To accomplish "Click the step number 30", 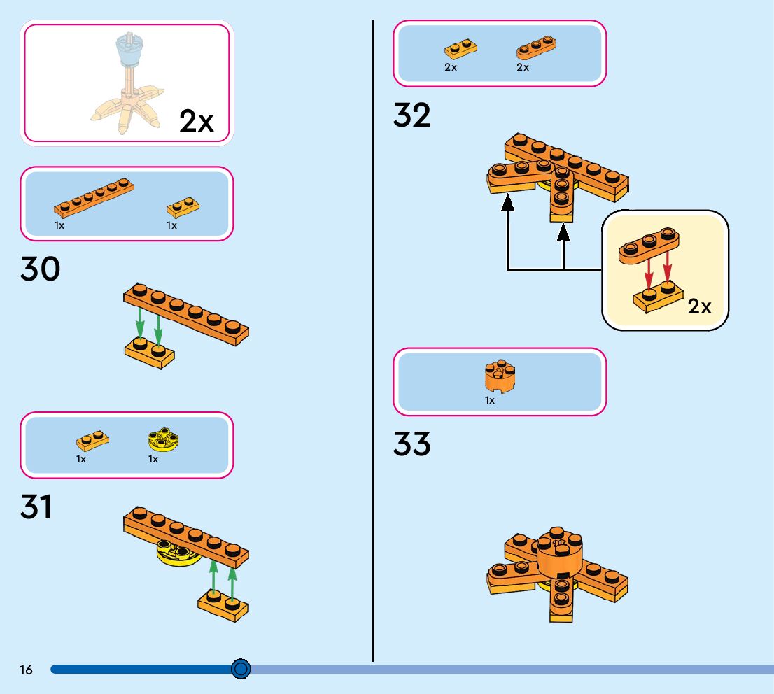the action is [41, 269].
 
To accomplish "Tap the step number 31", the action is [36, 507].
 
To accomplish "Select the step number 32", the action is [412, 115].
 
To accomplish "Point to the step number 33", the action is [412, 444].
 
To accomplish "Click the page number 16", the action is [26, 670].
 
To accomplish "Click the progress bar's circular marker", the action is [241, 669].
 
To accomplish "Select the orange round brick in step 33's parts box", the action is [499, 376].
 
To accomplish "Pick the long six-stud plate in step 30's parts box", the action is [94, 197].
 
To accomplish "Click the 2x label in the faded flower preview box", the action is [196, 121].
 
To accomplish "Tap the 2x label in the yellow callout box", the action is [700, 306].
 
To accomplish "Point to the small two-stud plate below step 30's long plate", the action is [150, 353].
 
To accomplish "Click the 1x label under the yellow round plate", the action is [153, 460].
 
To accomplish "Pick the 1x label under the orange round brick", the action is [490, 400].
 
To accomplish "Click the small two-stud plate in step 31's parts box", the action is [92, 441].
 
